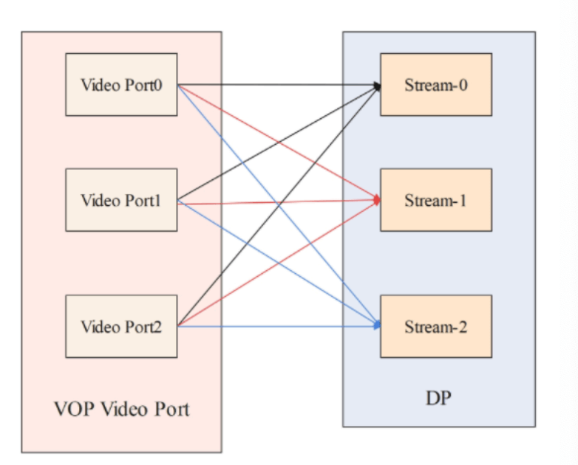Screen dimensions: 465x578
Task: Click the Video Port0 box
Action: tap(121, 84)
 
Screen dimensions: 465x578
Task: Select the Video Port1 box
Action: tap(121, 200)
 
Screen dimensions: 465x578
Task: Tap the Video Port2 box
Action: tap(121, 326)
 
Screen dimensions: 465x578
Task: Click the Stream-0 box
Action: tap(436, 84)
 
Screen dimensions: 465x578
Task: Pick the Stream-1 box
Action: tap(436, 200)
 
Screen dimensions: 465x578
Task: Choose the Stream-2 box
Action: tap(436, 326)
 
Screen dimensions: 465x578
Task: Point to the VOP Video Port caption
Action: tap(121, 408)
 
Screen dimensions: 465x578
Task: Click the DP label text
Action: tap(438, 399)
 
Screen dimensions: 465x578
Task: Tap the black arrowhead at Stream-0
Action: tap(378, 86)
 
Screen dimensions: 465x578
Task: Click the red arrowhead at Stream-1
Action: tap(378, 200)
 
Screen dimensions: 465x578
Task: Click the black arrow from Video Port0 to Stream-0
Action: tap(281, 84)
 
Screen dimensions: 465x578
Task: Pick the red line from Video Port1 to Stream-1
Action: tap(281, 201)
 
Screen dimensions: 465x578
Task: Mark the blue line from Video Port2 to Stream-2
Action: tap(281, 326)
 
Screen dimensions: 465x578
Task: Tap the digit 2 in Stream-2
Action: tap(463, 327)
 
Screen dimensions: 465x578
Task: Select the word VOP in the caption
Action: tap(72, 408)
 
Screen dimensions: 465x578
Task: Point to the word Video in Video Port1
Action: tap(98, 200)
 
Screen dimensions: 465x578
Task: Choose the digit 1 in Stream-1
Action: tap(463, 200)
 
